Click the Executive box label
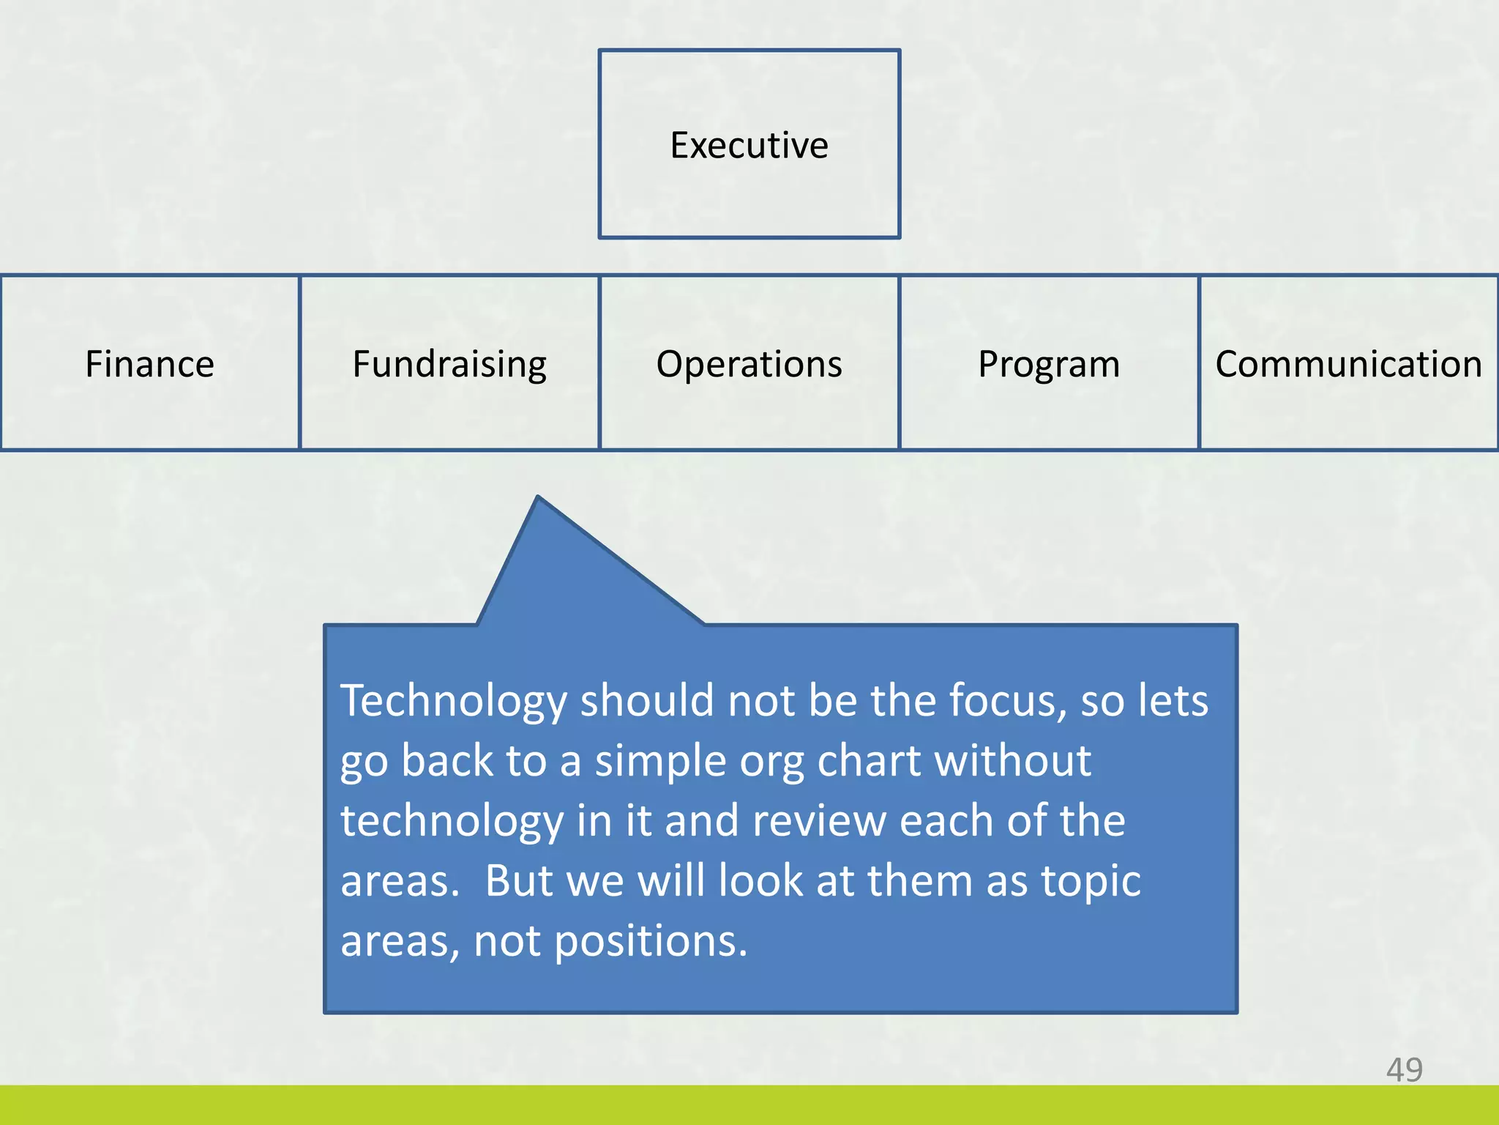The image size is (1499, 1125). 749,145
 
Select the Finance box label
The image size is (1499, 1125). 149,364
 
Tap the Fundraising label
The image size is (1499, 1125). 449,364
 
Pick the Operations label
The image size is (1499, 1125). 749,364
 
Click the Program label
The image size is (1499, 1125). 1048,364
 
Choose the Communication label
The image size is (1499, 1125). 1348,364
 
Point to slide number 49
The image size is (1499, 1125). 1404,1070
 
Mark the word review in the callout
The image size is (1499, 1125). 819,821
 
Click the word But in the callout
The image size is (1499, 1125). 518,880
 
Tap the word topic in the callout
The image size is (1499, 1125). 1091,882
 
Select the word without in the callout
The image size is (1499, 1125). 1013,761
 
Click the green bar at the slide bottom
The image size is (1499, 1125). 749,1106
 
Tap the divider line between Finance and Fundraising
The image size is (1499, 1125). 300,363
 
